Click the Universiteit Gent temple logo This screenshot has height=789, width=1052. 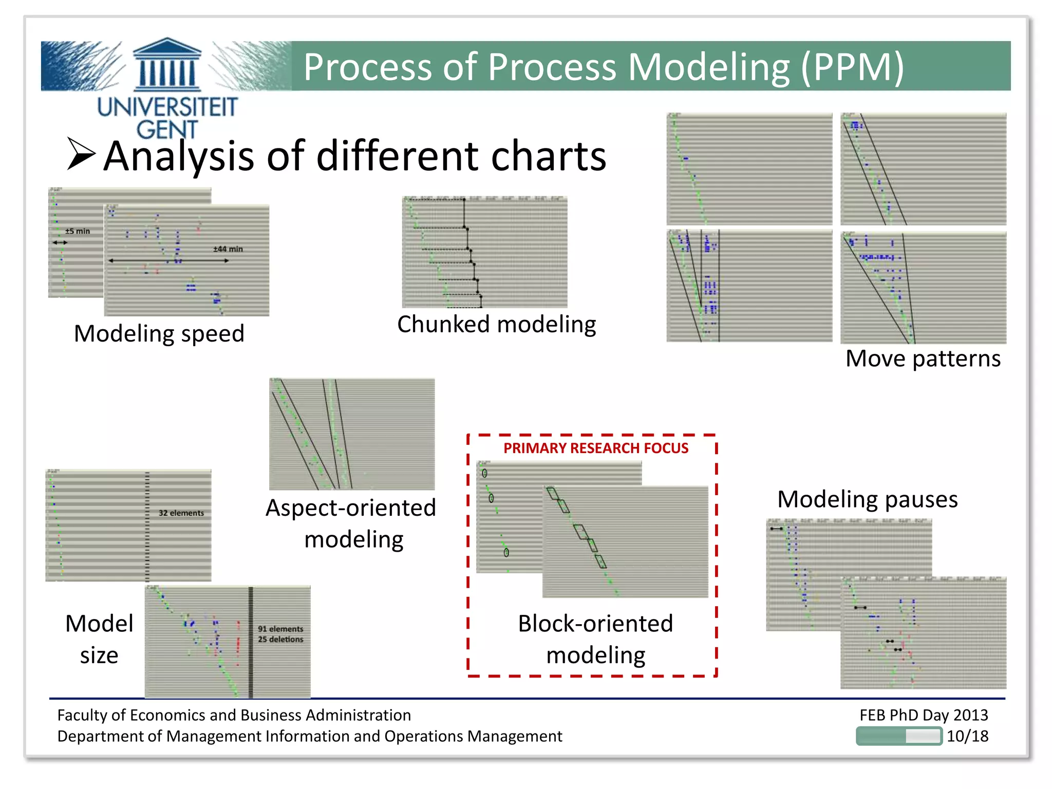[x=167, y=66]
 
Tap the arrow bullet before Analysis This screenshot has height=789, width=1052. [x=81, y=154]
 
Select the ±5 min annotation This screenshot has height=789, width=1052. [x=78, y=231]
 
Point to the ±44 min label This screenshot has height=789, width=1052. [x=228, y=249]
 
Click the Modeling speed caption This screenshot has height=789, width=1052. [x=159, y=333]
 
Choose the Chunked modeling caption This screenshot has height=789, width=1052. [x=496, y=325]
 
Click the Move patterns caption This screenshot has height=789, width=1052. [x=923, y=359]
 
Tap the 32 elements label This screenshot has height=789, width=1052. [x=181, y=513]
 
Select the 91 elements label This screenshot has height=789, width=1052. [x=280, y=629]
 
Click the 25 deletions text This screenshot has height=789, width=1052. [x=280, y=640]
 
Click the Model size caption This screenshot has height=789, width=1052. [x=99, y=639]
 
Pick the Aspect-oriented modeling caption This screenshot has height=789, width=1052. [x=351, y=523]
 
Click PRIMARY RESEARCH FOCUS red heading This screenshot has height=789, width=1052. [x=595, y=448]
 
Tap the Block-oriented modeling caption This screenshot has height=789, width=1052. [x=595, y=639]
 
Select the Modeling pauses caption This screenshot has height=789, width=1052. [x=867, y=499]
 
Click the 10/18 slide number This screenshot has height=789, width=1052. [x=967, y=736]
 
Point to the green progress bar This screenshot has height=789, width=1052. [x=898, y=736]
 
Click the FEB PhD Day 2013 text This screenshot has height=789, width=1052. [x=923, y=715]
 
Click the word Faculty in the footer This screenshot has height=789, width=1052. [x=82, y=715]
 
